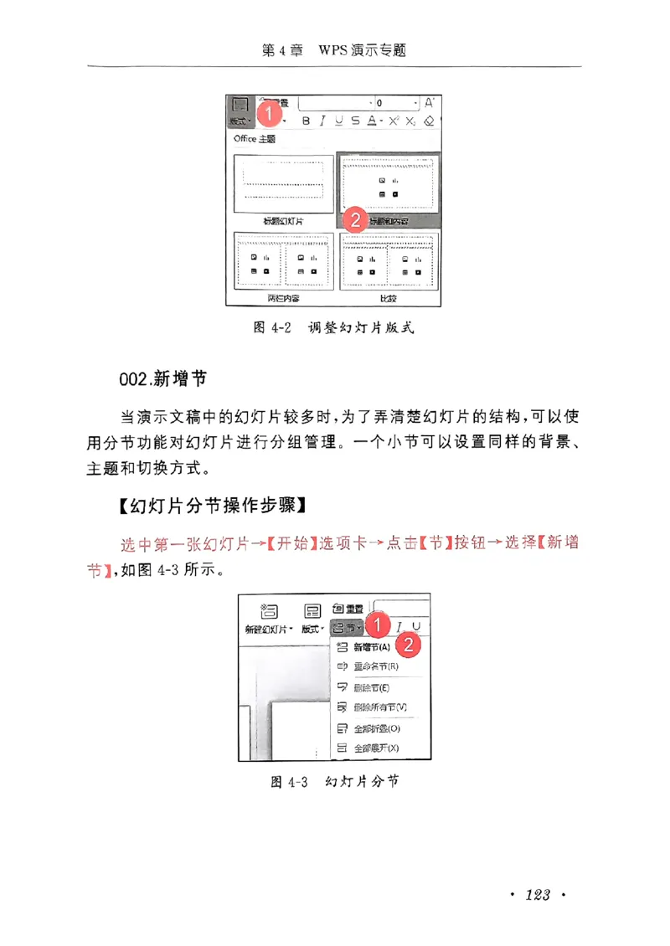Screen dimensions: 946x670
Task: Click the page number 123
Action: pos(537,896)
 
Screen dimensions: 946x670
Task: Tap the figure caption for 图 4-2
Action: pos(334,328)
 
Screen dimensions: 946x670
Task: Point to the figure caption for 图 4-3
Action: pos(334,781)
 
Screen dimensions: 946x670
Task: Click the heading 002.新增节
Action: pos(163,379)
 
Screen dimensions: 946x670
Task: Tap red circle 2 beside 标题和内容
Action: pos(355,220)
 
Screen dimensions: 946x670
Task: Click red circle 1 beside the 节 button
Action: pos(379,625)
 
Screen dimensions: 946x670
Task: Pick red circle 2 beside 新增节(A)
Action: pos(408,645)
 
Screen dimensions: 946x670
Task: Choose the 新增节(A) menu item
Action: pos(371,647)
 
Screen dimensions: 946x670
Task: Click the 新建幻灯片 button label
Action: pos(268,629)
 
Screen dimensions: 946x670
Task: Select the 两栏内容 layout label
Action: pos(283,298)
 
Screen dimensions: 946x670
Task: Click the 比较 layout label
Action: pos(388,298)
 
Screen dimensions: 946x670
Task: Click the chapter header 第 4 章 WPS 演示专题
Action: pos(334,50)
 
